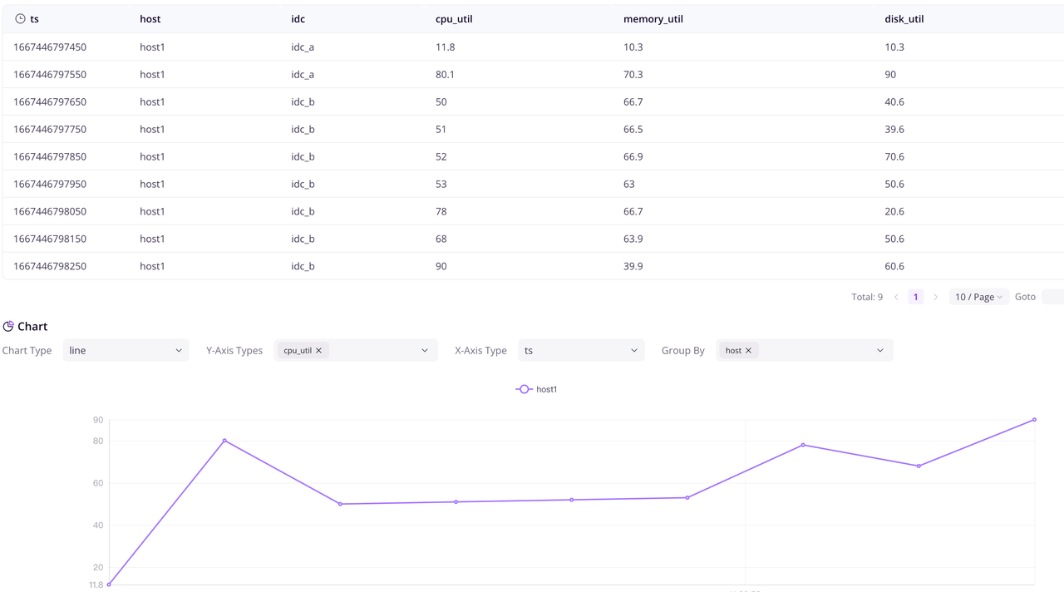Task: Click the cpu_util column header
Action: pos(454,19)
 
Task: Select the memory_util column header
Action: pos(653,19)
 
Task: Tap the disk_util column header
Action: pos(904,19)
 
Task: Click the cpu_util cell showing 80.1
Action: pos(446,74)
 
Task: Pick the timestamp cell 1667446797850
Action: pos(50,156)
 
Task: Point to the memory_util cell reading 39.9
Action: pos(633,266)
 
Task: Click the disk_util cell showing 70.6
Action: pos(894,156)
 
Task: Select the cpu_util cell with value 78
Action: pos(441,211)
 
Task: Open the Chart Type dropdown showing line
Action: pos(126,350)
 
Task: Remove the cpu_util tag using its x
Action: pos(318,351)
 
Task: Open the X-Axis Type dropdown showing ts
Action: pos(581,350)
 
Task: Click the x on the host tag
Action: pos(748,351)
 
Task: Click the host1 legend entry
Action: pos(537,389)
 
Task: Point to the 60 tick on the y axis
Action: pos(98,483)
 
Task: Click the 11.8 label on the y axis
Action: pos(96,585)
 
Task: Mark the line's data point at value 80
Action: pos(224,441)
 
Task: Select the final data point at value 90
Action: pos(1034,420)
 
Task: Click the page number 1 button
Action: pos(916,297)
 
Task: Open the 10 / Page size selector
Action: pos(978,297)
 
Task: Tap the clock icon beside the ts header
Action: pos(20,18)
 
